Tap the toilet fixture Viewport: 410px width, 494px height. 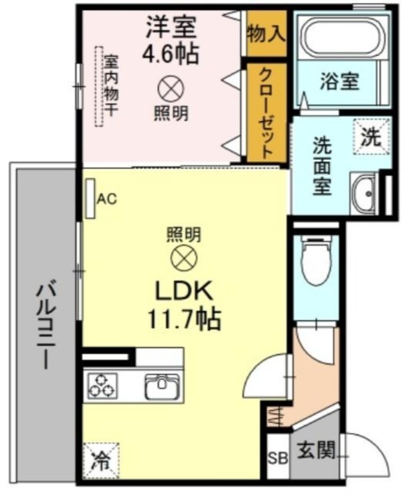click(316, 260)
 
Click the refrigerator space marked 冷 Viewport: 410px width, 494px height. click(101, 461)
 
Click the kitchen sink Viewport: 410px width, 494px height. click(162, 386)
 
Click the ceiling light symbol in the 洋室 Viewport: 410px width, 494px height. click(171, 89)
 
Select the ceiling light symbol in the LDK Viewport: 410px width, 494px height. click(184, 259)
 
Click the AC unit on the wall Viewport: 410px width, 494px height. click(91, 198)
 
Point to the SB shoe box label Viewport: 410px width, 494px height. click(278, 458)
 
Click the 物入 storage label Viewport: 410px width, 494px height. click(266, 34)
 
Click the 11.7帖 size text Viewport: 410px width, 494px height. click(184, 319)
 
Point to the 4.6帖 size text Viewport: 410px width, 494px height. click(171, 53)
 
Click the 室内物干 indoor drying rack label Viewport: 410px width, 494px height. click(112, 86)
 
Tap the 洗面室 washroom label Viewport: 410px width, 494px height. click(322, 166)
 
